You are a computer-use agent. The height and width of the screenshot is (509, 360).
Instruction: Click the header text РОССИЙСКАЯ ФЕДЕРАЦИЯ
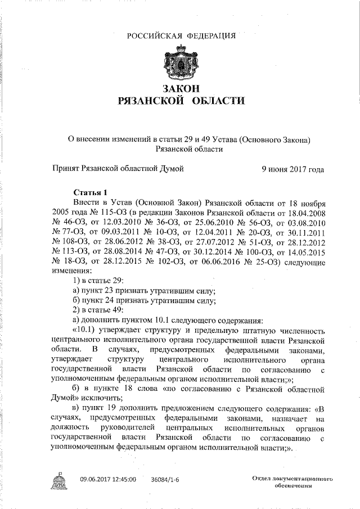(181, 37)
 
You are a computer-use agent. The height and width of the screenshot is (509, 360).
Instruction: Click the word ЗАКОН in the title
(181, 89)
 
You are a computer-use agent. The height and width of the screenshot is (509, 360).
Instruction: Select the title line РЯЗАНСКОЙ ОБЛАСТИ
(181, 101)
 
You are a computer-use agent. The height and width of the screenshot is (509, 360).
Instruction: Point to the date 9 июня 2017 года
(293, 168)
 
